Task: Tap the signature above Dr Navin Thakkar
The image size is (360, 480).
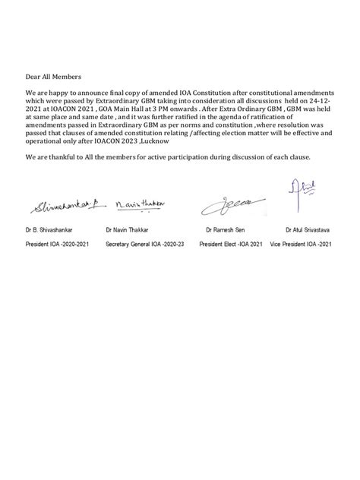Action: point(142,204)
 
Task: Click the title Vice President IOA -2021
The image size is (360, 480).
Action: point(304,246)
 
